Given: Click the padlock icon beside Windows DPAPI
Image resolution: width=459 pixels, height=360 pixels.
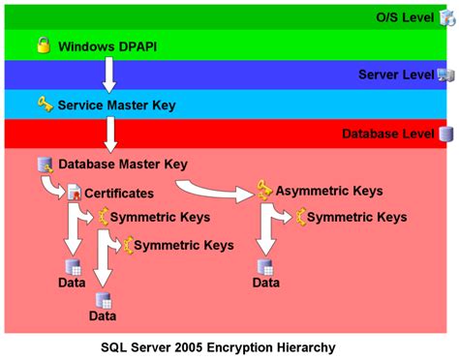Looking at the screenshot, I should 43,45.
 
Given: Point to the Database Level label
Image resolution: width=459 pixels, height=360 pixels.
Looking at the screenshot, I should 386,134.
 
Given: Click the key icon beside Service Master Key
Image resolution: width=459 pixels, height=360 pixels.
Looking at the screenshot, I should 45,104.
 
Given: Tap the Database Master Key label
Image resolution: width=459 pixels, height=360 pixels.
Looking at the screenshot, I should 123,165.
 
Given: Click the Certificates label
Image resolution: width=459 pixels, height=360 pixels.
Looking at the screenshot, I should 119,194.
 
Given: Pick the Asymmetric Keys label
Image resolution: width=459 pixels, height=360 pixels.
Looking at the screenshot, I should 329,191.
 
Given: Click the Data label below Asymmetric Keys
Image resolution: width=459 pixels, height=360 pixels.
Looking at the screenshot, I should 266,283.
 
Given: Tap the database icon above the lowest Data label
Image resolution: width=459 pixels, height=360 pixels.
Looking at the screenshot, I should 103,299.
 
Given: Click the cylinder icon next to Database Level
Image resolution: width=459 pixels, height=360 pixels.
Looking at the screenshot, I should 446,134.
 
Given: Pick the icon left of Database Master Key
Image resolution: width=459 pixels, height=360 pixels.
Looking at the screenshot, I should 44,165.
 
